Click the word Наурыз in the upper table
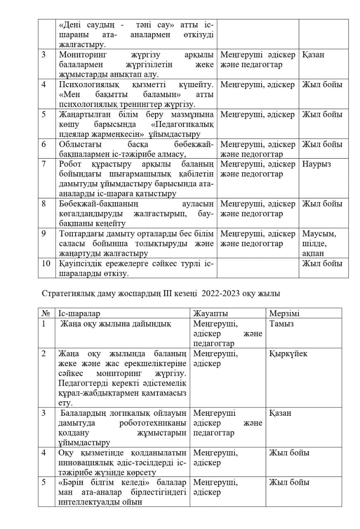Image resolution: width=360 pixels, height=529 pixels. (x=316, y=164)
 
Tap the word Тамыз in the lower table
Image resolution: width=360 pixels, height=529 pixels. (x=281, y=324)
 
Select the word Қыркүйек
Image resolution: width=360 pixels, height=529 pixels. (x=288, y=354)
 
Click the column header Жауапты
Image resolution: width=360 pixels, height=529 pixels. (x=210, y=313)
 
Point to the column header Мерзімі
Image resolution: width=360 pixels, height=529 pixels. (x=284, y=313)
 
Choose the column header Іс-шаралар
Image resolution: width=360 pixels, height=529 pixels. (x=79, y=313)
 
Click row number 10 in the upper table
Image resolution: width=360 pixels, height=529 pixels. (x=46, y=263)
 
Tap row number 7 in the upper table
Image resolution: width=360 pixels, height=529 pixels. (x=44, y=164)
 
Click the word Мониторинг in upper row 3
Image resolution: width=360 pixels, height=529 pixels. (x=82, y=55)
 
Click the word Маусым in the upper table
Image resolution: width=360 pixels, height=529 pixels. (x=319, y=234)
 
